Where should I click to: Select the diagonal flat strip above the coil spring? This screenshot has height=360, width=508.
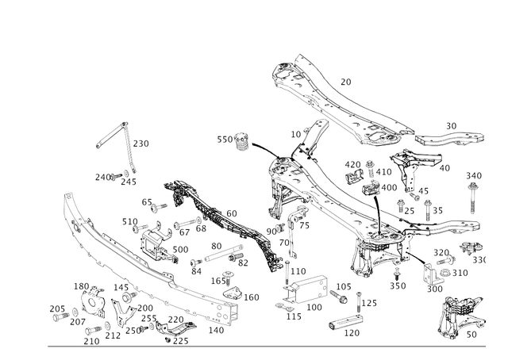tap(111, 134)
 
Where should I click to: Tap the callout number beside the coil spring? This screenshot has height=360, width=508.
tap(144, 143)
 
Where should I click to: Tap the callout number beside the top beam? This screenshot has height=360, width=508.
tap(346, 80)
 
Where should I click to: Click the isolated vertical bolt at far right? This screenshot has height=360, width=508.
tap(473, 198)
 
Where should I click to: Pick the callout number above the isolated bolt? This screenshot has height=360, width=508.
tap(474, 174)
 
